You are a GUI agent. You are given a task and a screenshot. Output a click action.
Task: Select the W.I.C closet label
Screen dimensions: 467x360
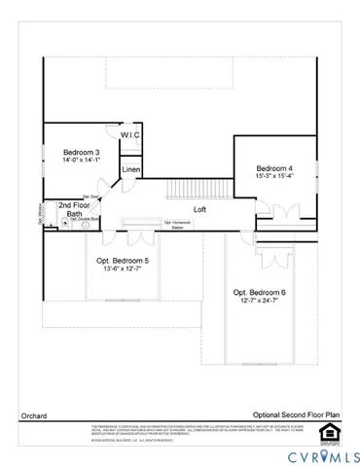131,136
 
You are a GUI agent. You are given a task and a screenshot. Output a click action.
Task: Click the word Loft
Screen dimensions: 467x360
199,209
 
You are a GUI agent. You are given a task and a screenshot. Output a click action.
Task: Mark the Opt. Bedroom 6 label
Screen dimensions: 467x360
259,293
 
